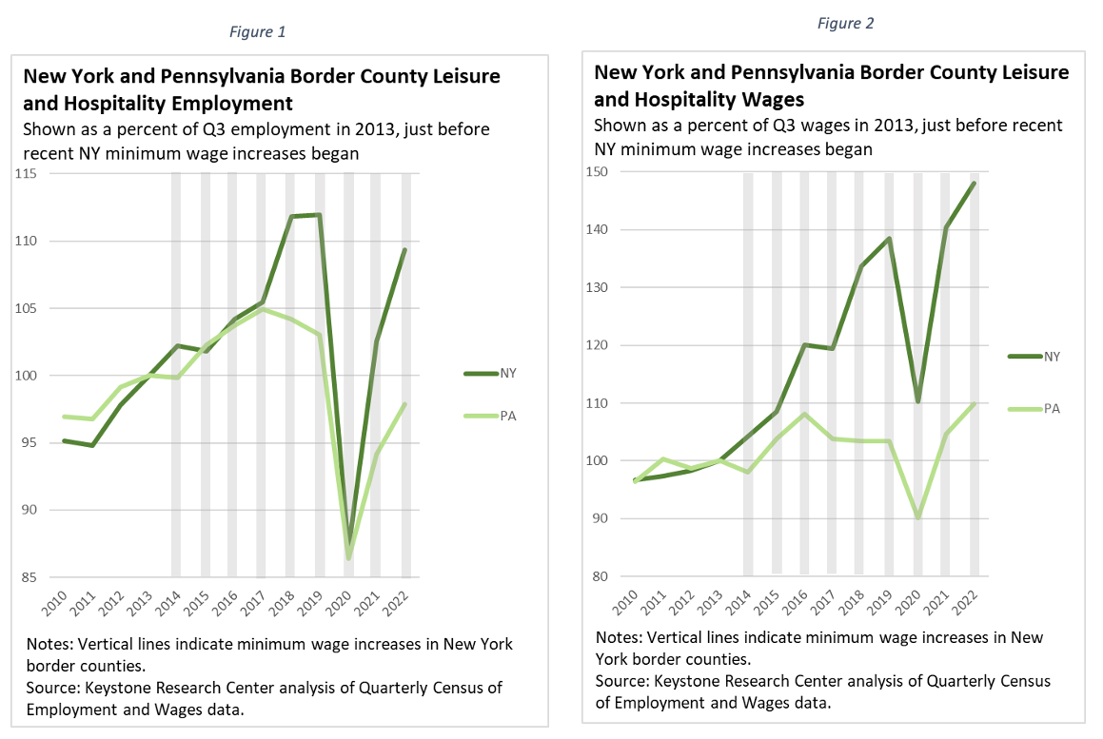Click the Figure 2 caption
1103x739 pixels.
click(x=845, y=24)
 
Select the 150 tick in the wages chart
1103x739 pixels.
click(x=597, y=172)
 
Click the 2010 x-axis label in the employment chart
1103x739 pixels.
click(x=56, y=599)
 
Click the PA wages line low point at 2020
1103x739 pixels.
click(x=918, y=517)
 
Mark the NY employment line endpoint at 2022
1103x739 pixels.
click(x=405, y=249)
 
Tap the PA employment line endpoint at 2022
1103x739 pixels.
click(x=405, y=404)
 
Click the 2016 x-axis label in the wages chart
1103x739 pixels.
click(x=802, y=598)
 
